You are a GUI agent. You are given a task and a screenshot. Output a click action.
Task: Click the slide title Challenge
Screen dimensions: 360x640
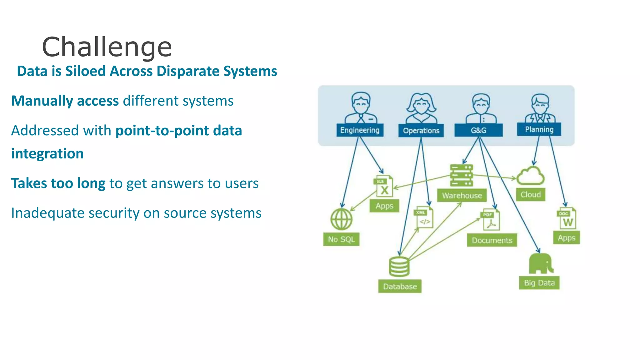coord(107,47)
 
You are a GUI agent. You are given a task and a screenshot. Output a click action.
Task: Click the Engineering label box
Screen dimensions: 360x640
coord(360,130)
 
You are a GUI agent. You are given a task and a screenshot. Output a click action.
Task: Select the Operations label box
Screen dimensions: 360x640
coord(421,131)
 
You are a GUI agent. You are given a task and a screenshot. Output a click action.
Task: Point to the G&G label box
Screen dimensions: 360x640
coord(478,130)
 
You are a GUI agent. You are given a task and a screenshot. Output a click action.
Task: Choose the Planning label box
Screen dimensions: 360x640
coord(539,129)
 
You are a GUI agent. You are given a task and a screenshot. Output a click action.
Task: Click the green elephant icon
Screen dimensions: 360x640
coord(541,263)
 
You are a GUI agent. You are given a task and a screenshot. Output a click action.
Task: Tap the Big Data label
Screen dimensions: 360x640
coord(539,283)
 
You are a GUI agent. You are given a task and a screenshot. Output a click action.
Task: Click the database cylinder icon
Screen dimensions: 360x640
coord(399,267)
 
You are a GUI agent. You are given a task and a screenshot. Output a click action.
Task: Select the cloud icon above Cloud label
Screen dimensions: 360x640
coord(530,176)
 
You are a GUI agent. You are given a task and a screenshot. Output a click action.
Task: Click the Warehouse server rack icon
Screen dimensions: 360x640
coord(461,176)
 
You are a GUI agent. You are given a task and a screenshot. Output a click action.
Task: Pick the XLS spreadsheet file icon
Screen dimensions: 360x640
coord(383,187)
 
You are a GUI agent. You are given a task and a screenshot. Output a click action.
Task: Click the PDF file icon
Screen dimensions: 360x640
coord(490,220)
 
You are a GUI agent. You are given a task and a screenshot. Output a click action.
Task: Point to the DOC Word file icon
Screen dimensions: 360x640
coord(567,218)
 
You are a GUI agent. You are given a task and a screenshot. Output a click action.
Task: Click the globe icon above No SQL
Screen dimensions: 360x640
coord(341,219)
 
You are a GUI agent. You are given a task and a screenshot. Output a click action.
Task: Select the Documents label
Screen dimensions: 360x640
coord(492,240)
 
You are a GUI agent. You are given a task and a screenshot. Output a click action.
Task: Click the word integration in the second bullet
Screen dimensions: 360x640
coord(47,154)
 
